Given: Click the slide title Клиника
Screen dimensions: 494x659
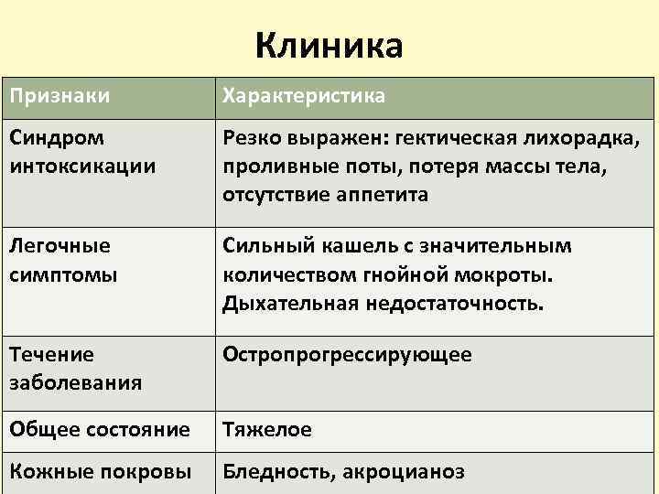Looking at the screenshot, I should coord(329,44).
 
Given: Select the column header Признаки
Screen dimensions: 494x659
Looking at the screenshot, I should coord(59,96).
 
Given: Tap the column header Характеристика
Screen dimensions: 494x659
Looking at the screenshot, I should coord(305,96).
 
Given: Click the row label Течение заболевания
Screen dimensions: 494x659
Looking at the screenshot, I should coord(75,368).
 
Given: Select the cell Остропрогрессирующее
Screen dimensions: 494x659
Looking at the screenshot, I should coord(348,355).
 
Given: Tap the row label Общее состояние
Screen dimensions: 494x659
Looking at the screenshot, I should coord(99,429).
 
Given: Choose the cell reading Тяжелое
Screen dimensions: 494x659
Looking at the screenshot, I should coord(267,429).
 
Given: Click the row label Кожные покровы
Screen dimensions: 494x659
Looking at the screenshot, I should coord(100,472).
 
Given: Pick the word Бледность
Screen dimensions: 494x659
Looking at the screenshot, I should coord(282,472).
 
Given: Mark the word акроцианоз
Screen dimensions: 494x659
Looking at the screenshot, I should coord(408,472).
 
